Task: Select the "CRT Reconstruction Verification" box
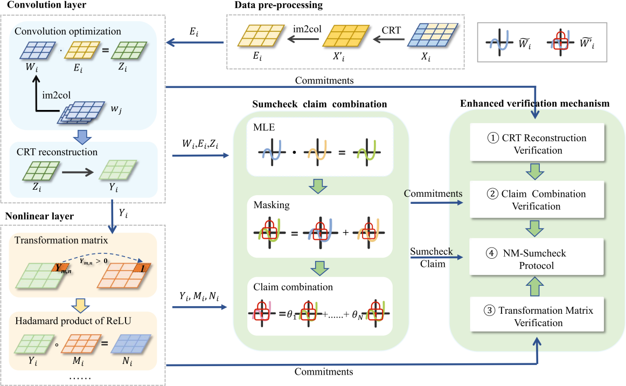click(536, 143)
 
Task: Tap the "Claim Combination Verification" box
click(536, 199)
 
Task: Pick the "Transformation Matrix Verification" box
click(536, 316)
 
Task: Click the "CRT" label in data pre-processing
click(391, 30)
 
